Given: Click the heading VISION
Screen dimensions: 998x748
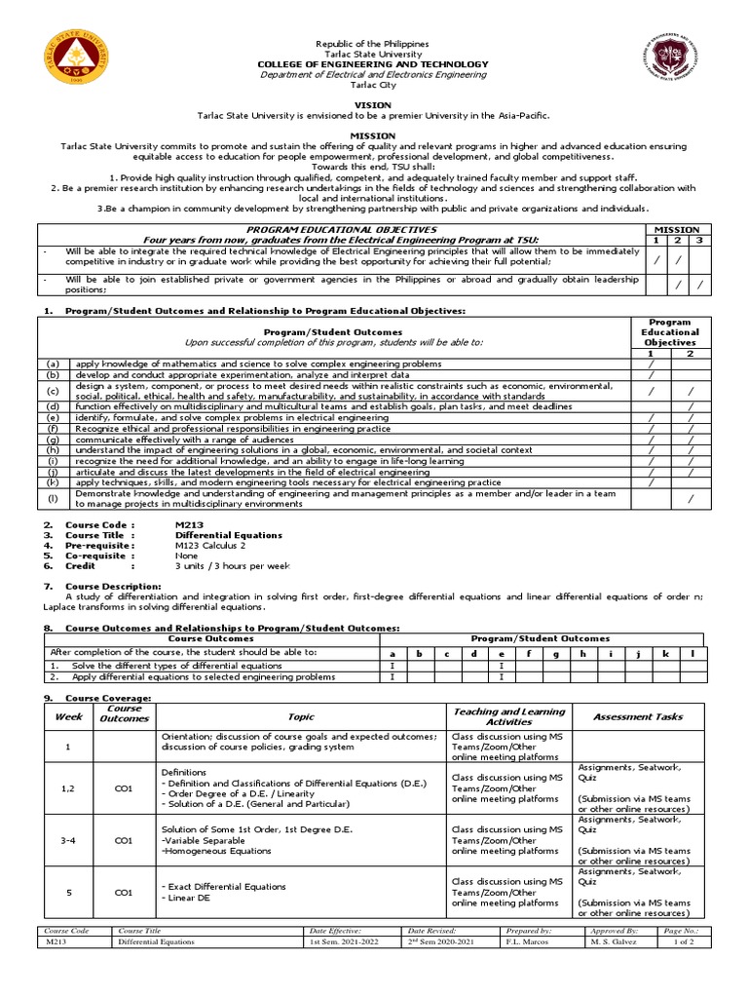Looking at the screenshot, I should [373, 105].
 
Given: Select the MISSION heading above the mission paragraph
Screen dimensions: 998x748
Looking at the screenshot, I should [373, 136].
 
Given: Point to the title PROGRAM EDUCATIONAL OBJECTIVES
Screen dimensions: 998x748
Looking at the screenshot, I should [342, 230].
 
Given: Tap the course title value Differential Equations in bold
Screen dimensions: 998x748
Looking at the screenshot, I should [228, 535].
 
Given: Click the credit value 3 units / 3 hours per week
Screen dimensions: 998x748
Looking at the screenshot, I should [232, 565].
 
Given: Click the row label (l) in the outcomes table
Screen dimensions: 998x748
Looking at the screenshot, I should [54, 499].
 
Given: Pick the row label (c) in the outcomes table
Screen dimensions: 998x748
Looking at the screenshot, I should [54, 391].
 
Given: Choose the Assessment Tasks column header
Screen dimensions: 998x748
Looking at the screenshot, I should [638, 716].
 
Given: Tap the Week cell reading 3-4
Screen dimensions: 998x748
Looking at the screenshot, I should [67, 839].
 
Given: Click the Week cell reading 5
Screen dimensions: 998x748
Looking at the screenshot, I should [67, 892].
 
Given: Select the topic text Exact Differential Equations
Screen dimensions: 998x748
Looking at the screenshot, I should [226, 886].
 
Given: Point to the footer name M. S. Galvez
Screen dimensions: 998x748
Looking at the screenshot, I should [613, 942].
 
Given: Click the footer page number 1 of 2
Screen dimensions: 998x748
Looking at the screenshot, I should [697, 942].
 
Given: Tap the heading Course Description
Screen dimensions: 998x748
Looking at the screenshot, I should [113, 586].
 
